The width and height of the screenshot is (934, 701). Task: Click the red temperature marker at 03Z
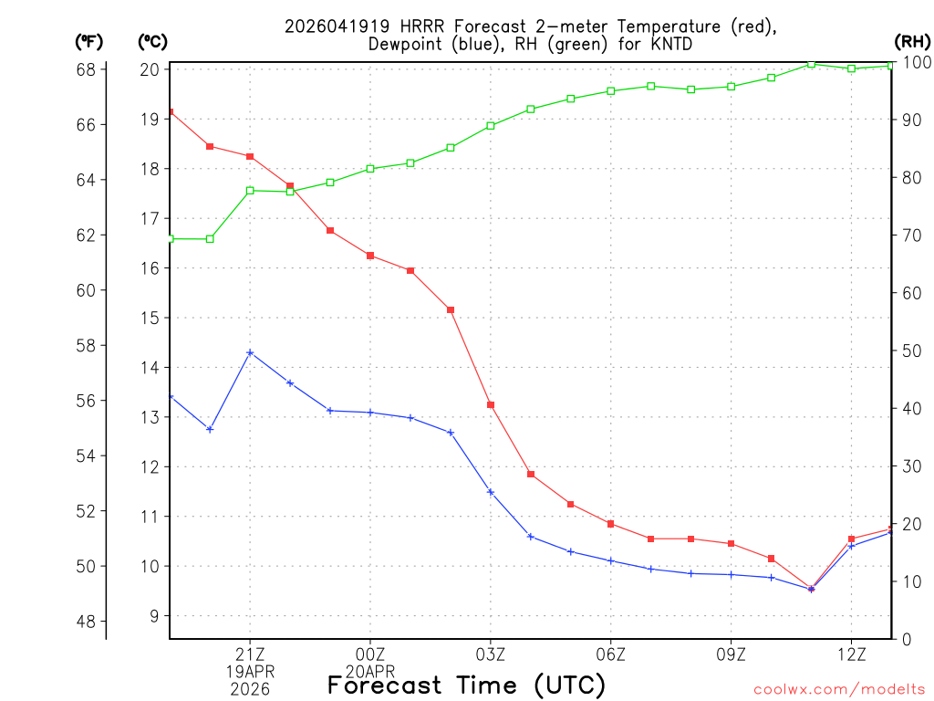(491, 404)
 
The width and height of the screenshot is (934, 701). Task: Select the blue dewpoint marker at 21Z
(250, 352)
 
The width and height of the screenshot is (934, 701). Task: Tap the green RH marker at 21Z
(250, 190)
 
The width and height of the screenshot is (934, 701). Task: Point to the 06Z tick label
(610, 654)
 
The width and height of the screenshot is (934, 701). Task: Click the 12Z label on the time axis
(851, 654)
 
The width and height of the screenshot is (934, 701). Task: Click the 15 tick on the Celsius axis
(150, 318)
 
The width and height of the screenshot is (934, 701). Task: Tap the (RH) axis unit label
(912, 41)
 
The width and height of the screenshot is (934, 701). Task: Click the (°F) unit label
(89, 41)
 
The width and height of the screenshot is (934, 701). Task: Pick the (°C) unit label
(151, 41)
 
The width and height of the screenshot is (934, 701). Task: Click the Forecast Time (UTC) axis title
(466, 685)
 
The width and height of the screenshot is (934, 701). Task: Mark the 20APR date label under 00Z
(370, 671)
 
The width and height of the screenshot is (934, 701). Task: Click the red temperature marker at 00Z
(370, 256)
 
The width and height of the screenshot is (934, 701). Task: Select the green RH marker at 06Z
(610, 90)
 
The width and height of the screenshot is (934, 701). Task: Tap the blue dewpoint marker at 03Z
(491, 492)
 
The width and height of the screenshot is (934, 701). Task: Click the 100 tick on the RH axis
(916, 62)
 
